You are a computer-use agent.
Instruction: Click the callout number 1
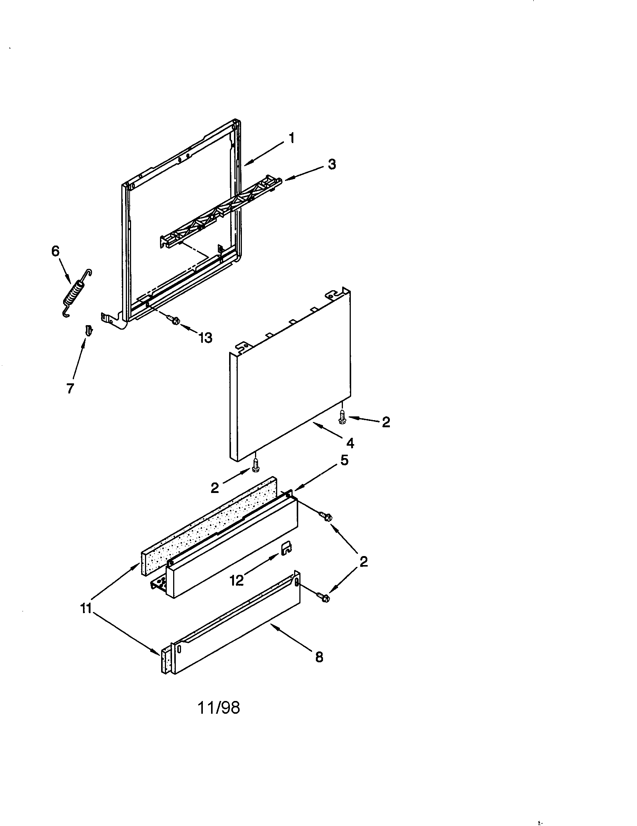(291, 139)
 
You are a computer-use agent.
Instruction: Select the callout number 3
(332, 164)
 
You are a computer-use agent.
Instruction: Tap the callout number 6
(56, 251)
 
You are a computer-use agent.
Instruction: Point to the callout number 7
(70, 389)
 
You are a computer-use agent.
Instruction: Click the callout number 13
(206, 338)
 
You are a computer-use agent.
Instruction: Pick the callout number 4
(350, 443)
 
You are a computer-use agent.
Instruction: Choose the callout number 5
(344, 461)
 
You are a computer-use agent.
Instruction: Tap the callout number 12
(237, 580)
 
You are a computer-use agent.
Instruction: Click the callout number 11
(86, 609)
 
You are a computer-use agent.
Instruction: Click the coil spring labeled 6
(77, 293)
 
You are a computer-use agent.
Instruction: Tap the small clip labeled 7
(89, 330)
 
